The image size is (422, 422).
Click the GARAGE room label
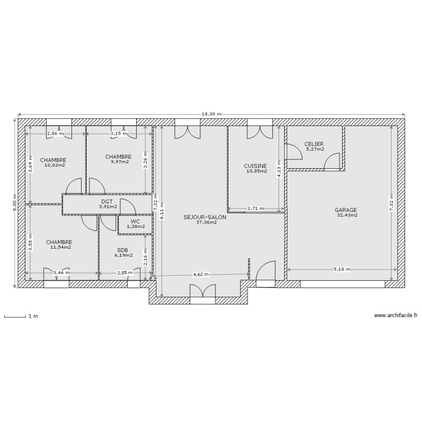347,210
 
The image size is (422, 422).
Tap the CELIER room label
314,144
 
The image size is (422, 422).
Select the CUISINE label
255,165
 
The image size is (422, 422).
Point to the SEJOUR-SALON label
205,217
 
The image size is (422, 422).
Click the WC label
136,222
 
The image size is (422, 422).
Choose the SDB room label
123,250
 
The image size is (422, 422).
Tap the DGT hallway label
107,201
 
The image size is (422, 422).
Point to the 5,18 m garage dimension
342,270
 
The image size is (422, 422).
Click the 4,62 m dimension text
201,275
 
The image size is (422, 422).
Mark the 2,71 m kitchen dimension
255,209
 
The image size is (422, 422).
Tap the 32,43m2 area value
347,215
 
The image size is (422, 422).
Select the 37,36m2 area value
206,222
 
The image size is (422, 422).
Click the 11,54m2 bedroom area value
60,247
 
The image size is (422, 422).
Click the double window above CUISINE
259,131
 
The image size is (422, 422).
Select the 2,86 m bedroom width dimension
55,134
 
